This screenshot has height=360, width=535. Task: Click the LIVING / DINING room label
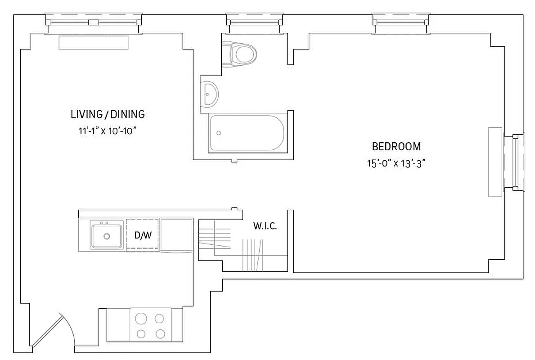[108, 114]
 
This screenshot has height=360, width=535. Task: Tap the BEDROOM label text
[396, 146]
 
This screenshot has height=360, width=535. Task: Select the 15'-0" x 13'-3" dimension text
[396, 163]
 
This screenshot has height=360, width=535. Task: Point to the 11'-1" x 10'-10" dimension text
[107, 131]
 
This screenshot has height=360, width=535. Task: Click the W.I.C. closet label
[265, 226]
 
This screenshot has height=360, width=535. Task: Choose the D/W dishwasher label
[143, 235]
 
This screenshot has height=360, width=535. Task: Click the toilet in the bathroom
[242, 54]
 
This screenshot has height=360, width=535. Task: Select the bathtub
[246, 133]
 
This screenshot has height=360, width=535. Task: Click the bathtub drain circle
[219, 133]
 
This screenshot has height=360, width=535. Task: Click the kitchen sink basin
[107, 236]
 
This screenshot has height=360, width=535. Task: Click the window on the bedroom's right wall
[517, 162]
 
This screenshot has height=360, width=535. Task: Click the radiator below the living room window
[94, 43]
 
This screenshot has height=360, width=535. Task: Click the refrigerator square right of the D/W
[176, 235]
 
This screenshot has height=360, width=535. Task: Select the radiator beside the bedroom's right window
[495, 162]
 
